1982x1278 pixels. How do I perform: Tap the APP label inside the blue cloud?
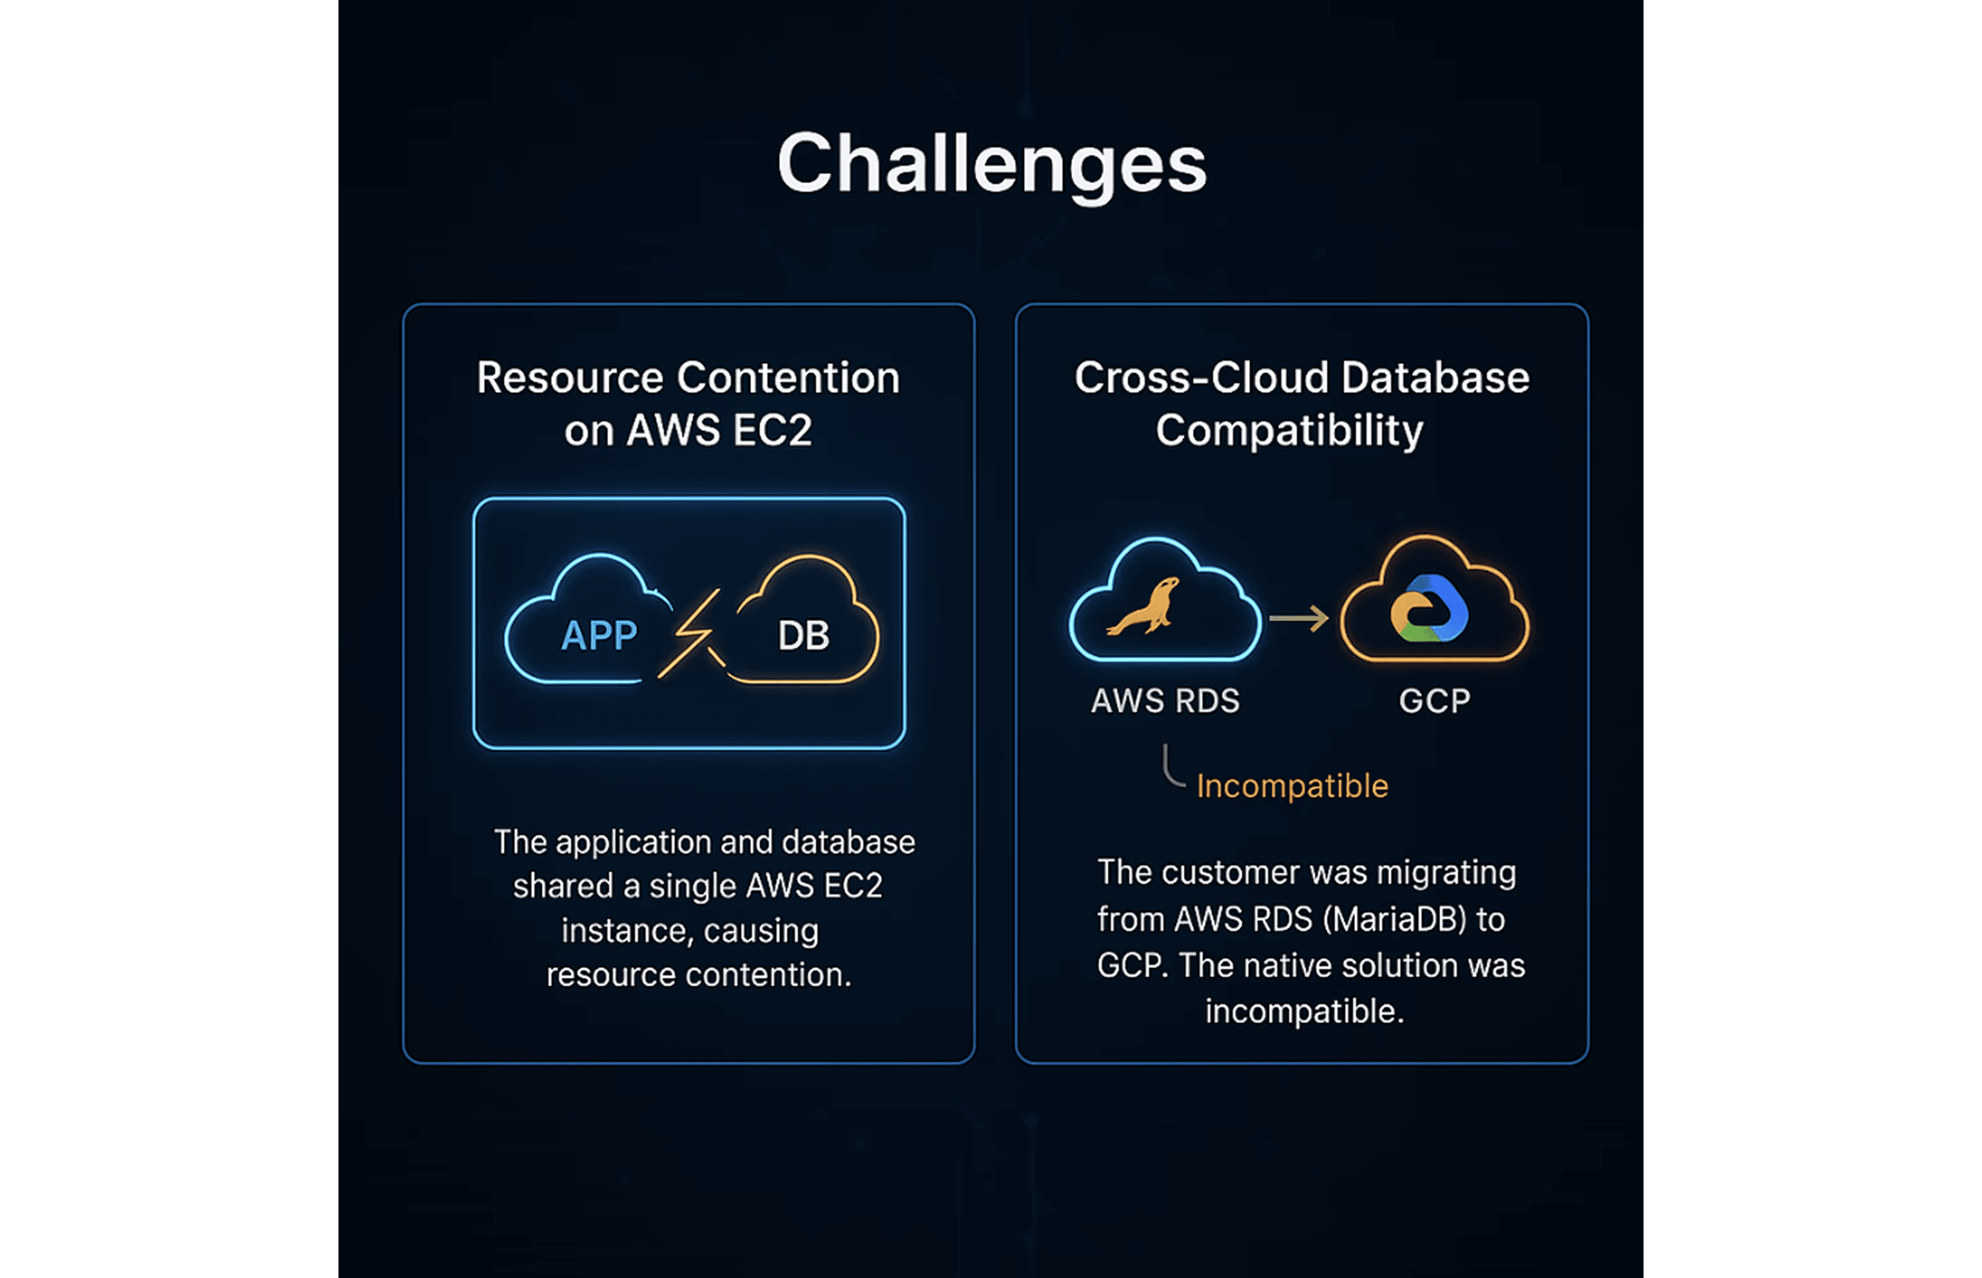(599, 636)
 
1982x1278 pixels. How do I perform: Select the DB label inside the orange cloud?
(803, 636)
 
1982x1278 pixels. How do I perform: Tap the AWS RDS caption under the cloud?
(1165, 701)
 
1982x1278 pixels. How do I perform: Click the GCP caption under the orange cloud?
(1434, 701)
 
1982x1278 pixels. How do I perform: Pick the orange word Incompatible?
(1292, 786)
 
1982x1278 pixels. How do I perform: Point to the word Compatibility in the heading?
(1289, 431)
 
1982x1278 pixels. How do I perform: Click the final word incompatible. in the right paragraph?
(1304, 1011)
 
